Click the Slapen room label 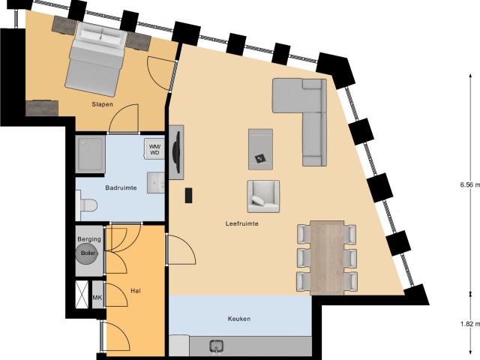coord(102,104)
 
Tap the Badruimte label coord(121,188)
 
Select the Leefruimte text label coord(241,223)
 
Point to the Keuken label coord(239,319)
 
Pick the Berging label coord(89,239)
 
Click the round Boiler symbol coord(88,253)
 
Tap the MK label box coord(97,298)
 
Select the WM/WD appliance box coord(155,148)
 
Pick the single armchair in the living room coord(263,196)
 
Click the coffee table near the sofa coord(260,148)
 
